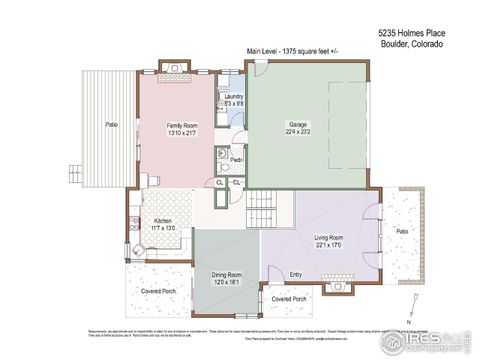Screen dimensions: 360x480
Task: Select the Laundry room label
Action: [x=233, y=96]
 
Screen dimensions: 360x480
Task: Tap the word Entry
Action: [x=295, y=274]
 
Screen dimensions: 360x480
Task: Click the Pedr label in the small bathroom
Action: [x=236, y=160]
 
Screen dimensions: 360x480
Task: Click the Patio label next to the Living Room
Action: [x=402, y=231]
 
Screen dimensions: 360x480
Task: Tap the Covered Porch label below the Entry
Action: [x=289, y=298]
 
